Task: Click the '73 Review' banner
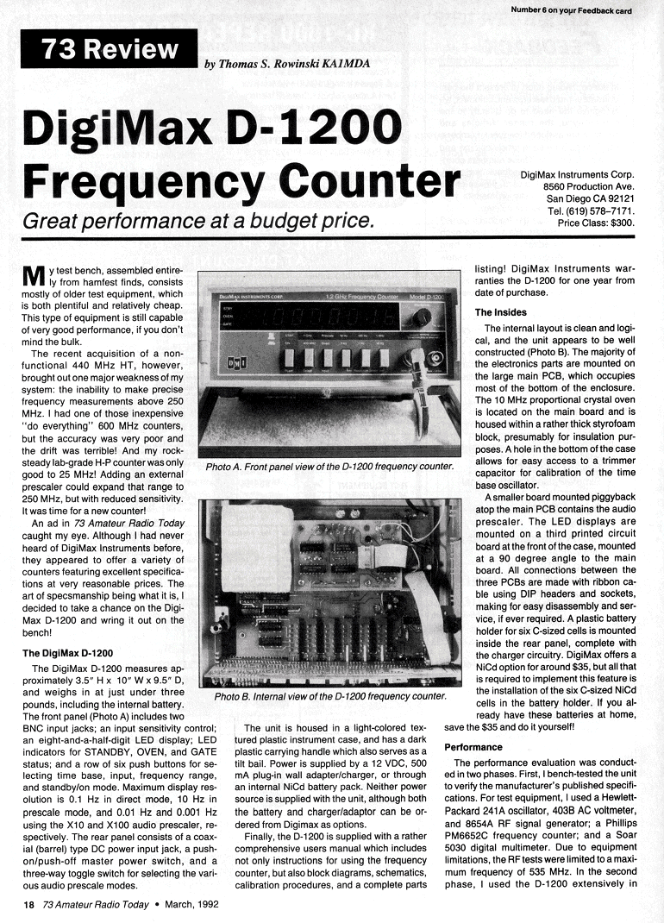pos(109,49)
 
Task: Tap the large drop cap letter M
pos(33,279)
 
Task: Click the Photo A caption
pos(329,466)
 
